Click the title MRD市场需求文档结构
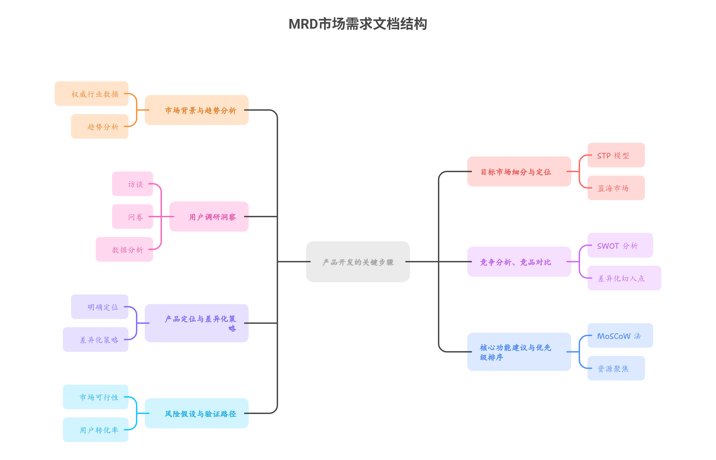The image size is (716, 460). click(358, 24)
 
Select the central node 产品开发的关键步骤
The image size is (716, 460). click(358, 262)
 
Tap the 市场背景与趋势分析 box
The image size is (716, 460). click(197, 110)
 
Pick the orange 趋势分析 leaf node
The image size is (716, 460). click(100, 126)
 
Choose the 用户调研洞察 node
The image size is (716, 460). click(209, 217)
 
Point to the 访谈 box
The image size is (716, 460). click(132, 184)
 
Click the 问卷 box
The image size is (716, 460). click(132, 217)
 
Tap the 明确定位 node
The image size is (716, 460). click(100, 307)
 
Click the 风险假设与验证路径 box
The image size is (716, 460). click(197, 413)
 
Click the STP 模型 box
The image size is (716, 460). click(616, 155)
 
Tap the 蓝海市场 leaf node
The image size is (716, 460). click(616, 188)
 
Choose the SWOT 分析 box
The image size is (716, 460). click(620, 245)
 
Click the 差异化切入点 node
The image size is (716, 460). click(624, 278)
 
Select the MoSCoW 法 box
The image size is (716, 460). click(620, 335)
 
